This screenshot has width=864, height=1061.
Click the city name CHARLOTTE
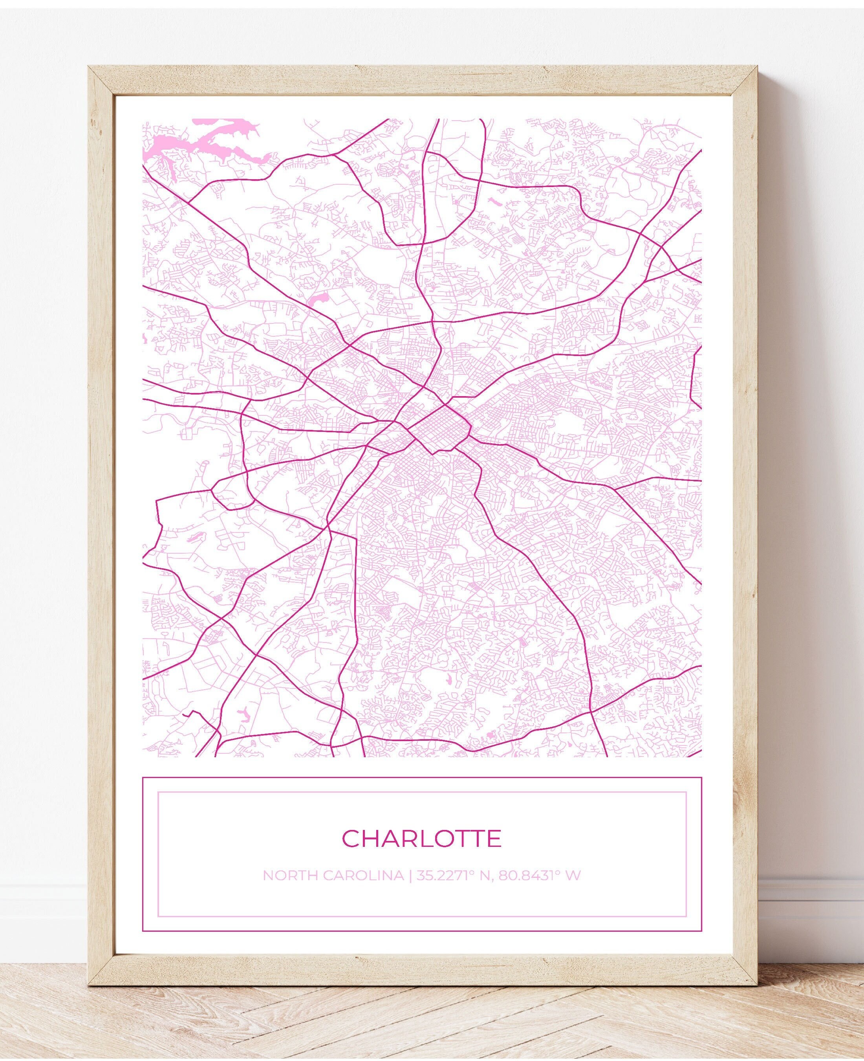421,839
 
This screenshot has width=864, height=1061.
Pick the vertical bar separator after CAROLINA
410,875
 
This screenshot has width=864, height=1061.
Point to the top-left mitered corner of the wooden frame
97,75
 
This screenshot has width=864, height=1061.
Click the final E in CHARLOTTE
494,839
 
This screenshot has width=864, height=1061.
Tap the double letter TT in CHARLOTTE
465,839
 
